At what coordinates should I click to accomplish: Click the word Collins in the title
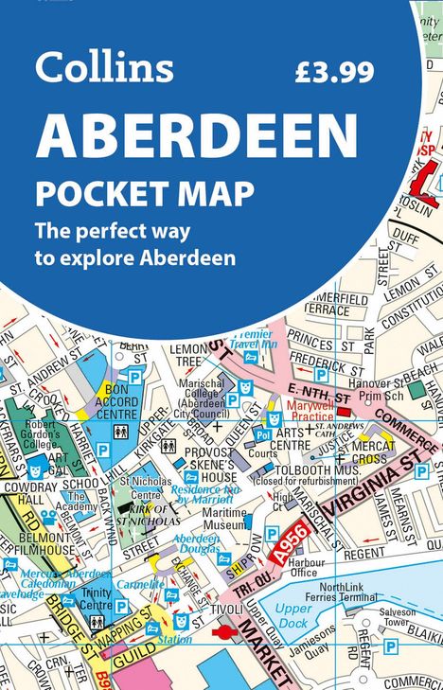(x=104, y=67)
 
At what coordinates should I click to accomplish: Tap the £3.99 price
(x=333, y=72)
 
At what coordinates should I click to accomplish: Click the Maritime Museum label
(x=223, y=518)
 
